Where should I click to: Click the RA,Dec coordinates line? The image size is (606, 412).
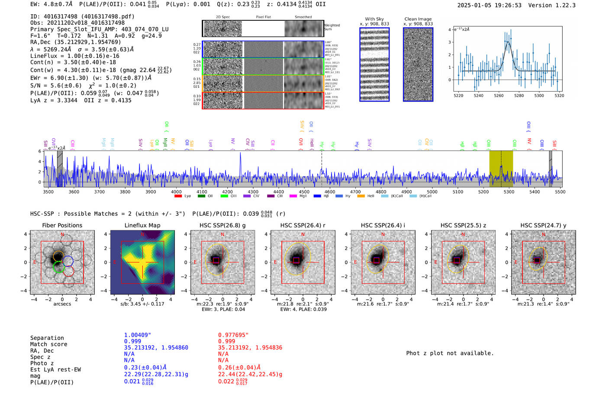[76, 42]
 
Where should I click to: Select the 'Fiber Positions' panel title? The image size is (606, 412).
[62, 225]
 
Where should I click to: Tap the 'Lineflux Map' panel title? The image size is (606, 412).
[142, 225]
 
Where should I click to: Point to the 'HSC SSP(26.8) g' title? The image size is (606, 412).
[222, 225]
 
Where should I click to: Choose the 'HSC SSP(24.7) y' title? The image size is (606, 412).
[543, 225]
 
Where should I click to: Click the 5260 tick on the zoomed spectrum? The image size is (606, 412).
[499, 96]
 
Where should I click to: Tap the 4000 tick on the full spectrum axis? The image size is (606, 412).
[176, 192]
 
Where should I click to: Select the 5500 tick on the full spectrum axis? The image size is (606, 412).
[560, 192]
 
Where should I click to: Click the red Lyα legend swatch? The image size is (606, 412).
[178, 196]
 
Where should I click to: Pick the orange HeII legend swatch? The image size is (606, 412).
[361, 196]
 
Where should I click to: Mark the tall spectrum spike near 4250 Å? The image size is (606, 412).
[241, 153]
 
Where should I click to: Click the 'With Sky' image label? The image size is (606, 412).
[374, 19]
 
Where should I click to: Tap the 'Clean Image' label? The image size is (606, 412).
[418, 19]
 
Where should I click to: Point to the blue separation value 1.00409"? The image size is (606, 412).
[138, 335]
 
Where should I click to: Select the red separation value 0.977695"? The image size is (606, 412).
[233, 335]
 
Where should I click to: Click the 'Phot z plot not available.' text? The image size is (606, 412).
[450, 353]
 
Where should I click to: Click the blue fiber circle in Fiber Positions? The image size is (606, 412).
[68, 261]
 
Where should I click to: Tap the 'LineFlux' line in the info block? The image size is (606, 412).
[75, 56]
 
